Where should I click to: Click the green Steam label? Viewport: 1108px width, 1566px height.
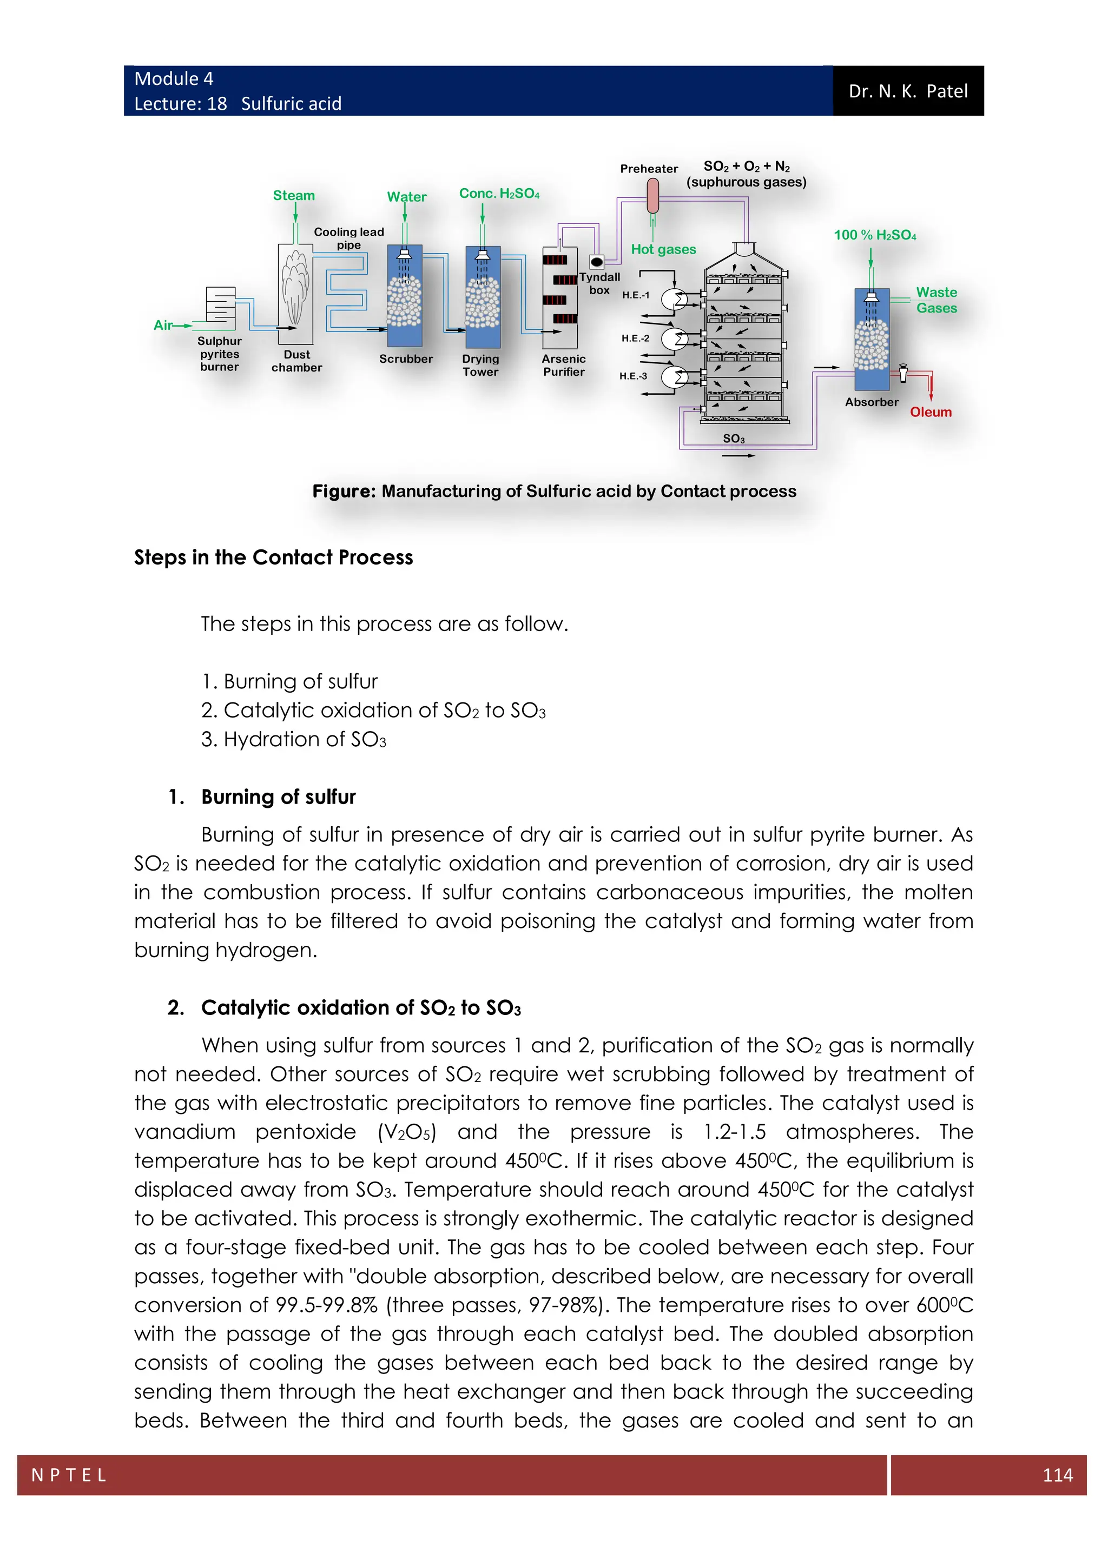[x=294, y=196]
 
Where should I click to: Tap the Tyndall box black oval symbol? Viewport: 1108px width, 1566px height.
[x=596, y=261]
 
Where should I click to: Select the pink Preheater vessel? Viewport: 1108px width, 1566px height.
[x=652, y=195]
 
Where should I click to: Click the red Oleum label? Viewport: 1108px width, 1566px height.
[x=931, y=412]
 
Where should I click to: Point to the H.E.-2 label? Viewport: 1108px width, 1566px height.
[x=635, y=339]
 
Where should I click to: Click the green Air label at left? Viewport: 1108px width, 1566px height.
[x=163, y=326]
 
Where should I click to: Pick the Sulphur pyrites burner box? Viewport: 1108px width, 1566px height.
[x=220, y=308]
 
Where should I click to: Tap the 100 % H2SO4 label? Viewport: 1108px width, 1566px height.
[x=875, y=235]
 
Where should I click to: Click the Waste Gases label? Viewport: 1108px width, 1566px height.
[x=936, y=300]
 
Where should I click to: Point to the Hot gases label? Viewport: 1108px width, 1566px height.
[x=663, y=250]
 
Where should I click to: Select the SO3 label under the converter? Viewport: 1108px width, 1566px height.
[x=734, y=439]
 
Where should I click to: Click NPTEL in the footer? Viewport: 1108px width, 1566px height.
[x=69, y=1475]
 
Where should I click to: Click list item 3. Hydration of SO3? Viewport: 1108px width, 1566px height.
[x=293, y=739]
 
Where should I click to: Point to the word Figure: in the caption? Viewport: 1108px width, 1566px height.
[x=344, y=491]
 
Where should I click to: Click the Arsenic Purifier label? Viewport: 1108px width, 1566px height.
[x=564, y=365]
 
